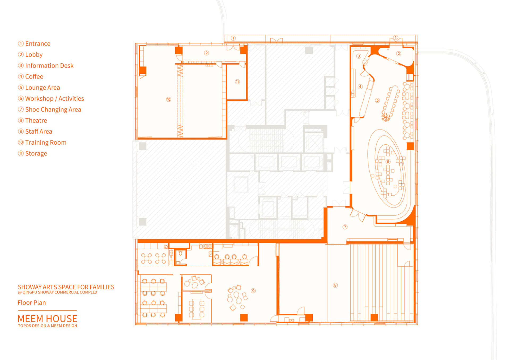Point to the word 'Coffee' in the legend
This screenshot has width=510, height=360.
[34, 77]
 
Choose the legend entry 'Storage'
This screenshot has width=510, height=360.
[36, 154]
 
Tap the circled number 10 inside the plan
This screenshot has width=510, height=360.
[169, 99]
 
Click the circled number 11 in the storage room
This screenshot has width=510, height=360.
[237, 82]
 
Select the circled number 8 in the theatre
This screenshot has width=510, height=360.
[335, 285]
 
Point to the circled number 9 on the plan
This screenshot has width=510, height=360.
[253, 291]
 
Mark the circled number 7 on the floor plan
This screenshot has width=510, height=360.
[345, 227]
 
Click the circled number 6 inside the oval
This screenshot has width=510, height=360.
[388, 162]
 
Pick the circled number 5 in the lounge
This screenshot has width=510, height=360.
[377, 100]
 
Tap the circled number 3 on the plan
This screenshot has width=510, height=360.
[359, 56]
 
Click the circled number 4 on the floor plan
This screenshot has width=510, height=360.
[360, 86]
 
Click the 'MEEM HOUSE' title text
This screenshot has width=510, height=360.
[47, 319]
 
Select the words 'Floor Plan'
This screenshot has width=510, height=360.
[32, 303]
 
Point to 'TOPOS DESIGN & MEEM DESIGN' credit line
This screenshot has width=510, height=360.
[47, 326]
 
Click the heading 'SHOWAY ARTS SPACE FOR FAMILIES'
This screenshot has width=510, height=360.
[66, 287]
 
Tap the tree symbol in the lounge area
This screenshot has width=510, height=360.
[386, 117]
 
